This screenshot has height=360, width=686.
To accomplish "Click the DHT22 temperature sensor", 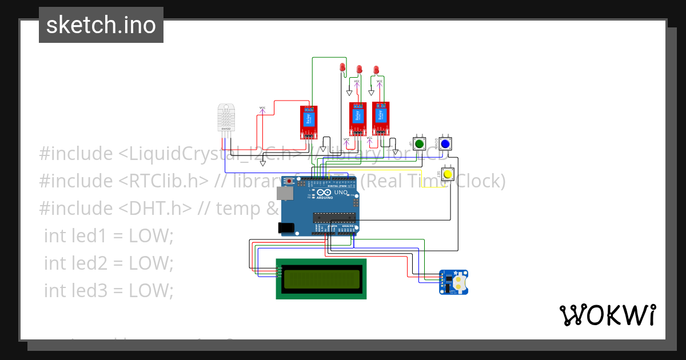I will [x=226, y=118].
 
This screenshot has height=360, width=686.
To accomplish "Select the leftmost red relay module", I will [x=309, y=122].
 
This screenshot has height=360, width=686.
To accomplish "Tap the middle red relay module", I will [x=358, y=119].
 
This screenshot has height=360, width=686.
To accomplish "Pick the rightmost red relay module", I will [x=381, y=118].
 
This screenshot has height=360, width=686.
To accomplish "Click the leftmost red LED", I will [x=342, y=67].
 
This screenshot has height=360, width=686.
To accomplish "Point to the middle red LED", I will [x=360, y=69].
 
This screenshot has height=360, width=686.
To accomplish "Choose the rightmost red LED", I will [x=376, y=70].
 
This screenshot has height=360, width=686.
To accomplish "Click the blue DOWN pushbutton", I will [x=444, y=143].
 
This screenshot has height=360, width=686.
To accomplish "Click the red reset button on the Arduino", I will [x=290, y=181].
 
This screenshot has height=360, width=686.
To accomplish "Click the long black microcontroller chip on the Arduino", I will [x=334, y=217].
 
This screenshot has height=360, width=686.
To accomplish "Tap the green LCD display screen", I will [x=321, y=278].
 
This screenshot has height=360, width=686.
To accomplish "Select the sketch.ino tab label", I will [x=101, y=25].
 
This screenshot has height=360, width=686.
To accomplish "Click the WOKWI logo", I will [x=607, y=315].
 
